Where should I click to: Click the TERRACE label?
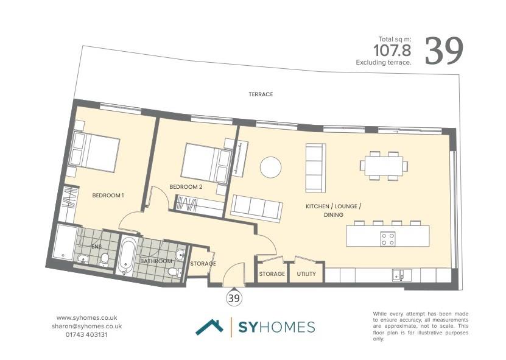click(x=261, y=94)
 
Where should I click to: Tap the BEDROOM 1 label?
click(x=108, y=196)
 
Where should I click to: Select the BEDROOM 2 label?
click(x=186, y=186)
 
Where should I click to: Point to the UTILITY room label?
click(x=306, y=274)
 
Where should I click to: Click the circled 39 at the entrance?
click(x=234, y=298)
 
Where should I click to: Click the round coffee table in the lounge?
click(x=270, y=167)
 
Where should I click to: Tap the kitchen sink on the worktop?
click(x=399, y=275)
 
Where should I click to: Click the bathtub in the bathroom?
click(x=128, y=256)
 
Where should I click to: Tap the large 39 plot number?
click(x=444, y=51)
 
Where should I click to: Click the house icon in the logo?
click(x=209, y=327)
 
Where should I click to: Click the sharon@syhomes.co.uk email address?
click(x=86, y=326)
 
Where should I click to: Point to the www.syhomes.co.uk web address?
click(x=86, y=317)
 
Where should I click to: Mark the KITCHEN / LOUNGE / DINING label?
click(x=333, y=211)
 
